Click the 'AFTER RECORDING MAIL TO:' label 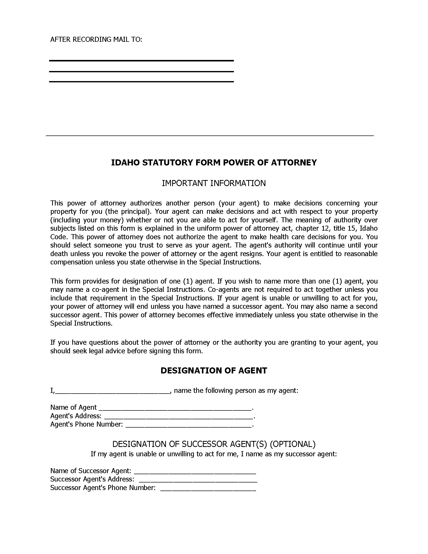click(x=96, y=40)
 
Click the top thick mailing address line click(x=141, y=61)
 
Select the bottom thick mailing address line click(x=141, y=82)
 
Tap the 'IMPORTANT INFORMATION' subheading click(x=214, y=183)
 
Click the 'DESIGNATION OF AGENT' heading click(x=214, y=371)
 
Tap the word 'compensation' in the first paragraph click(x=72, y=262)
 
